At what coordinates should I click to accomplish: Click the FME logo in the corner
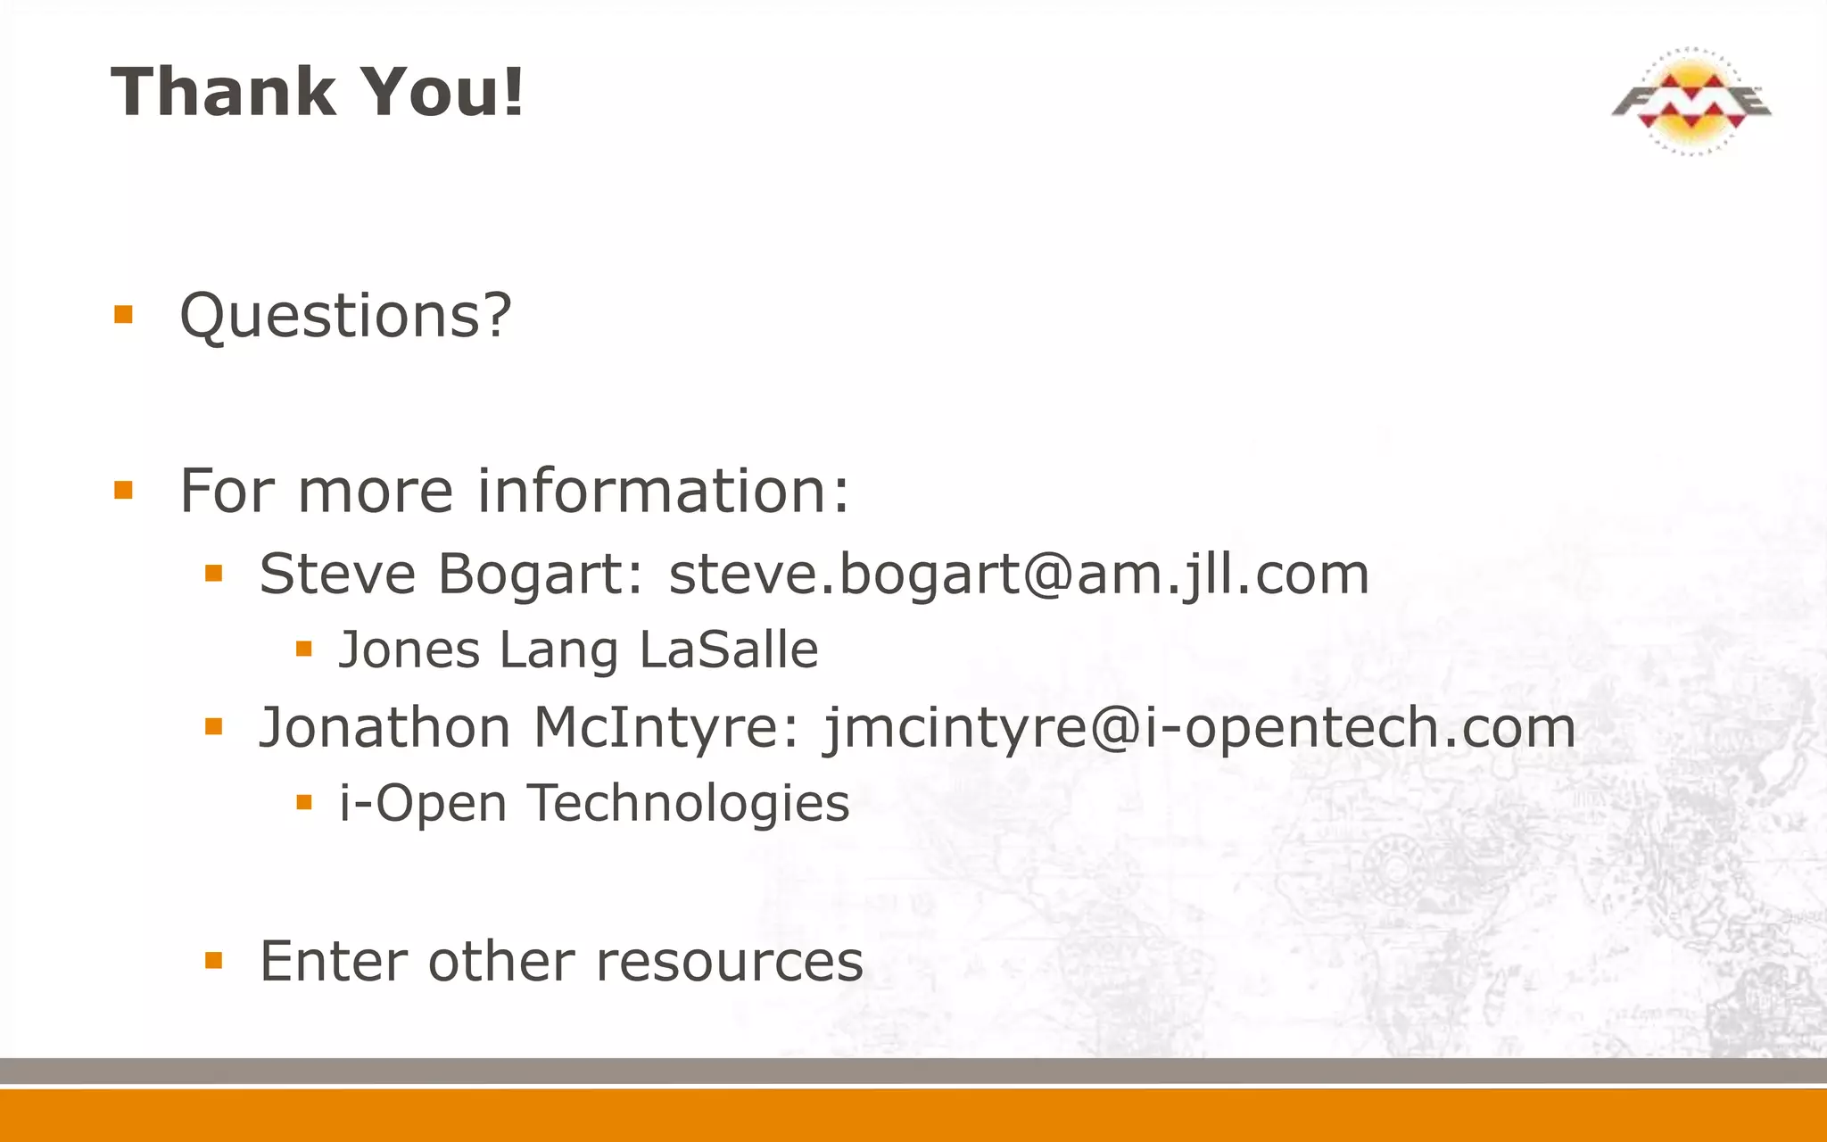pos(1691,101)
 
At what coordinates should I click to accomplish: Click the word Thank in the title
pos(222,92)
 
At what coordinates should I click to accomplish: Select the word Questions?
pos(346,316)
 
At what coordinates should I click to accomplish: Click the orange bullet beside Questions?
pos(123,314)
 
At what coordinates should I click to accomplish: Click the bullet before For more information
pos(123,490)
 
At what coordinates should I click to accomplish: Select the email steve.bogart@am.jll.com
pos(1019,574)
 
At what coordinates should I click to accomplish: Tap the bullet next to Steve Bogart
pos(213,573)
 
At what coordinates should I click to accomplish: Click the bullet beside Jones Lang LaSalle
pos(304,649)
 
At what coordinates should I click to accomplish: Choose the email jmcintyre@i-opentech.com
pos(1199,728)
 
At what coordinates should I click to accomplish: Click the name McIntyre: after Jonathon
pos(666,727)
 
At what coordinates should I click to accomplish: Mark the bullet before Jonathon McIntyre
pos(213,727)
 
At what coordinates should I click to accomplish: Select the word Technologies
pos(689,803)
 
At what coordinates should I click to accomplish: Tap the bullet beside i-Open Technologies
pos(304,802)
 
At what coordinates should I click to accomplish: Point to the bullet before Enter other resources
pos(213,961)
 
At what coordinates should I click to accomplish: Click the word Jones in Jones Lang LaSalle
pos(409,650)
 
